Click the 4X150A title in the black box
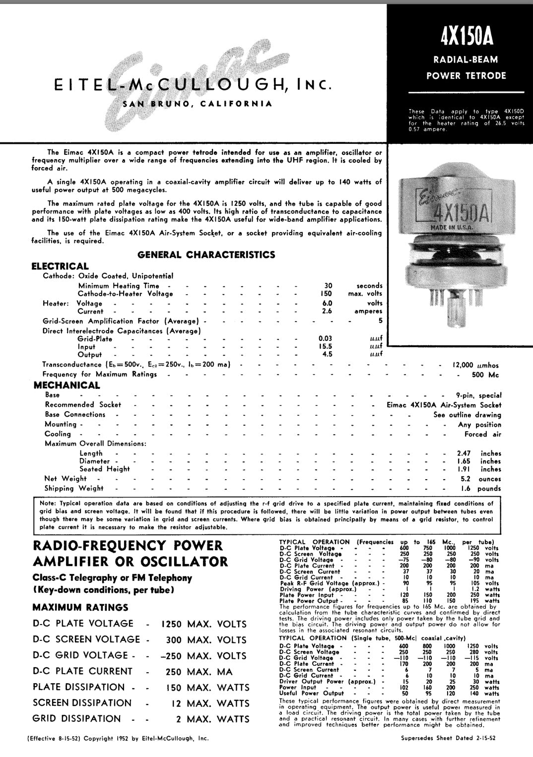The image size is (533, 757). tap(466, 35)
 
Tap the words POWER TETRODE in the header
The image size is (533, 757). tap(466, 76)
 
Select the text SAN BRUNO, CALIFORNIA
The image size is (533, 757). tap(198, 104)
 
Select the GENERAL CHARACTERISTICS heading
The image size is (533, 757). tap(206, 255)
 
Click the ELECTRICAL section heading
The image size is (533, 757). tap(60, 266)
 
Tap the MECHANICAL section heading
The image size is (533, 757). tap(67, 385)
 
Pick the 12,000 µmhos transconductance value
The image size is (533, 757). tap(475, 365)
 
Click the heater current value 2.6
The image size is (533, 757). tap(327, 312)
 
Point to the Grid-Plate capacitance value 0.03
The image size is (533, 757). tap(325, 339)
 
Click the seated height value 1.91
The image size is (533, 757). tap(464, 469)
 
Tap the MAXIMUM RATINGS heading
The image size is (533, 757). tap(80, 607)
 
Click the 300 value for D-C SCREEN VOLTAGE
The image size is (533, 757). tap(173, 640)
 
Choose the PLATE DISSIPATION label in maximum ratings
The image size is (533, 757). tap(79, 687)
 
